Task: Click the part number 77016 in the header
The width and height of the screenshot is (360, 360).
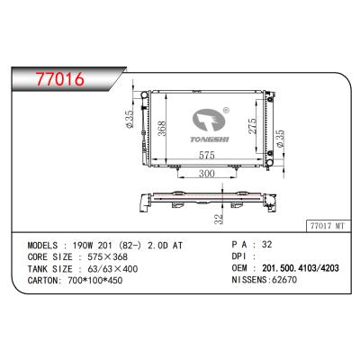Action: point(54,79)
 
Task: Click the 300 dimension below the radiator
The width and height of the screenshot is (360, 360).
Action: point(205,173)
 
